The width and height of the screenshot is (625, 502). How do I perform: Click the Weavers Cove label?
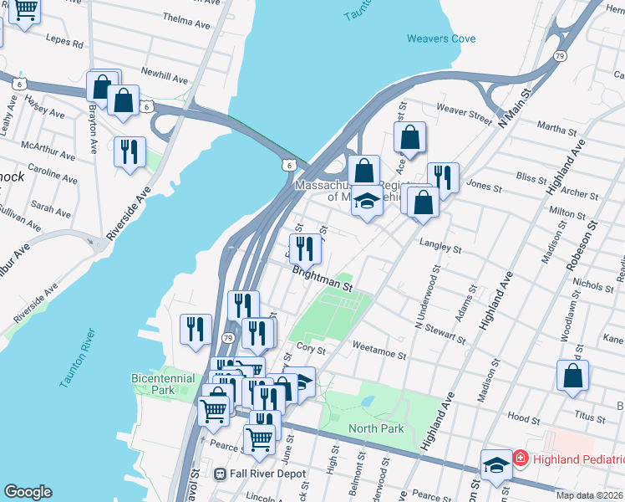[x=441, y=38]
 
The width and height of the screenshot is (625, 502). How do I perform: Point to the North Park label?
[x=376, y=428]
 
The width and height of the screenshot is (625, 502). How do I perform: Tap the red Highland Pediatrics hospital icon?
[x=520, y=458]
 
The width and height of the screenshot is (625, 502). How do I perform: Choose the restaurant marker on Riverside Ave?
[x=130, y=152]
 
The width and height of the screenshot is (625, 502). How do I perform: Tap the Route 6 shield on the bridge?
[x=288, y=166]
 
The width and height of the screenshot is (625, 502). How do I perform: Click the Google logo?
[x=28, y=492]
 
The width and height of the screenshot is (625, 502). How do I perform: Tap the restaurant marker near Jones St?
[x=443, y=177]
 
